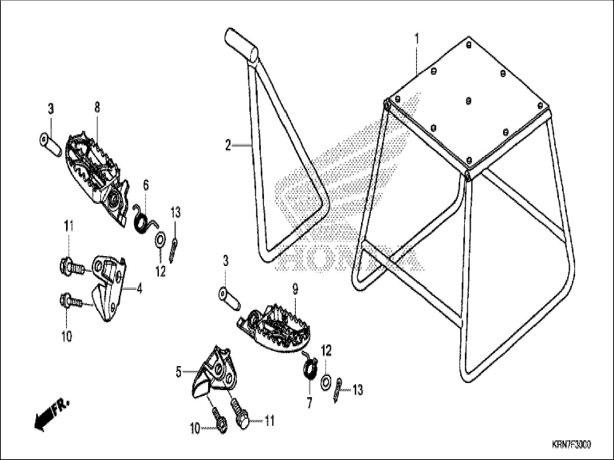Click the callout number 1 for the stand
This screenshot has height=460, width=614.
417,39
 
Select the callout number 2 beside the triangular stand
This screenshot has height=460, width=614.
228,145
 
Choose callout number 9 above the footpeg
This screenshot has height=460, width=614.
295,290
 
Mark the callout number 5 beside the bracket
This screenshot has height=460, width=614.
179,372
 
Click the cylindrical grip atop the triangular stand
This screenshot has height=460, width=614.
241,44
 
